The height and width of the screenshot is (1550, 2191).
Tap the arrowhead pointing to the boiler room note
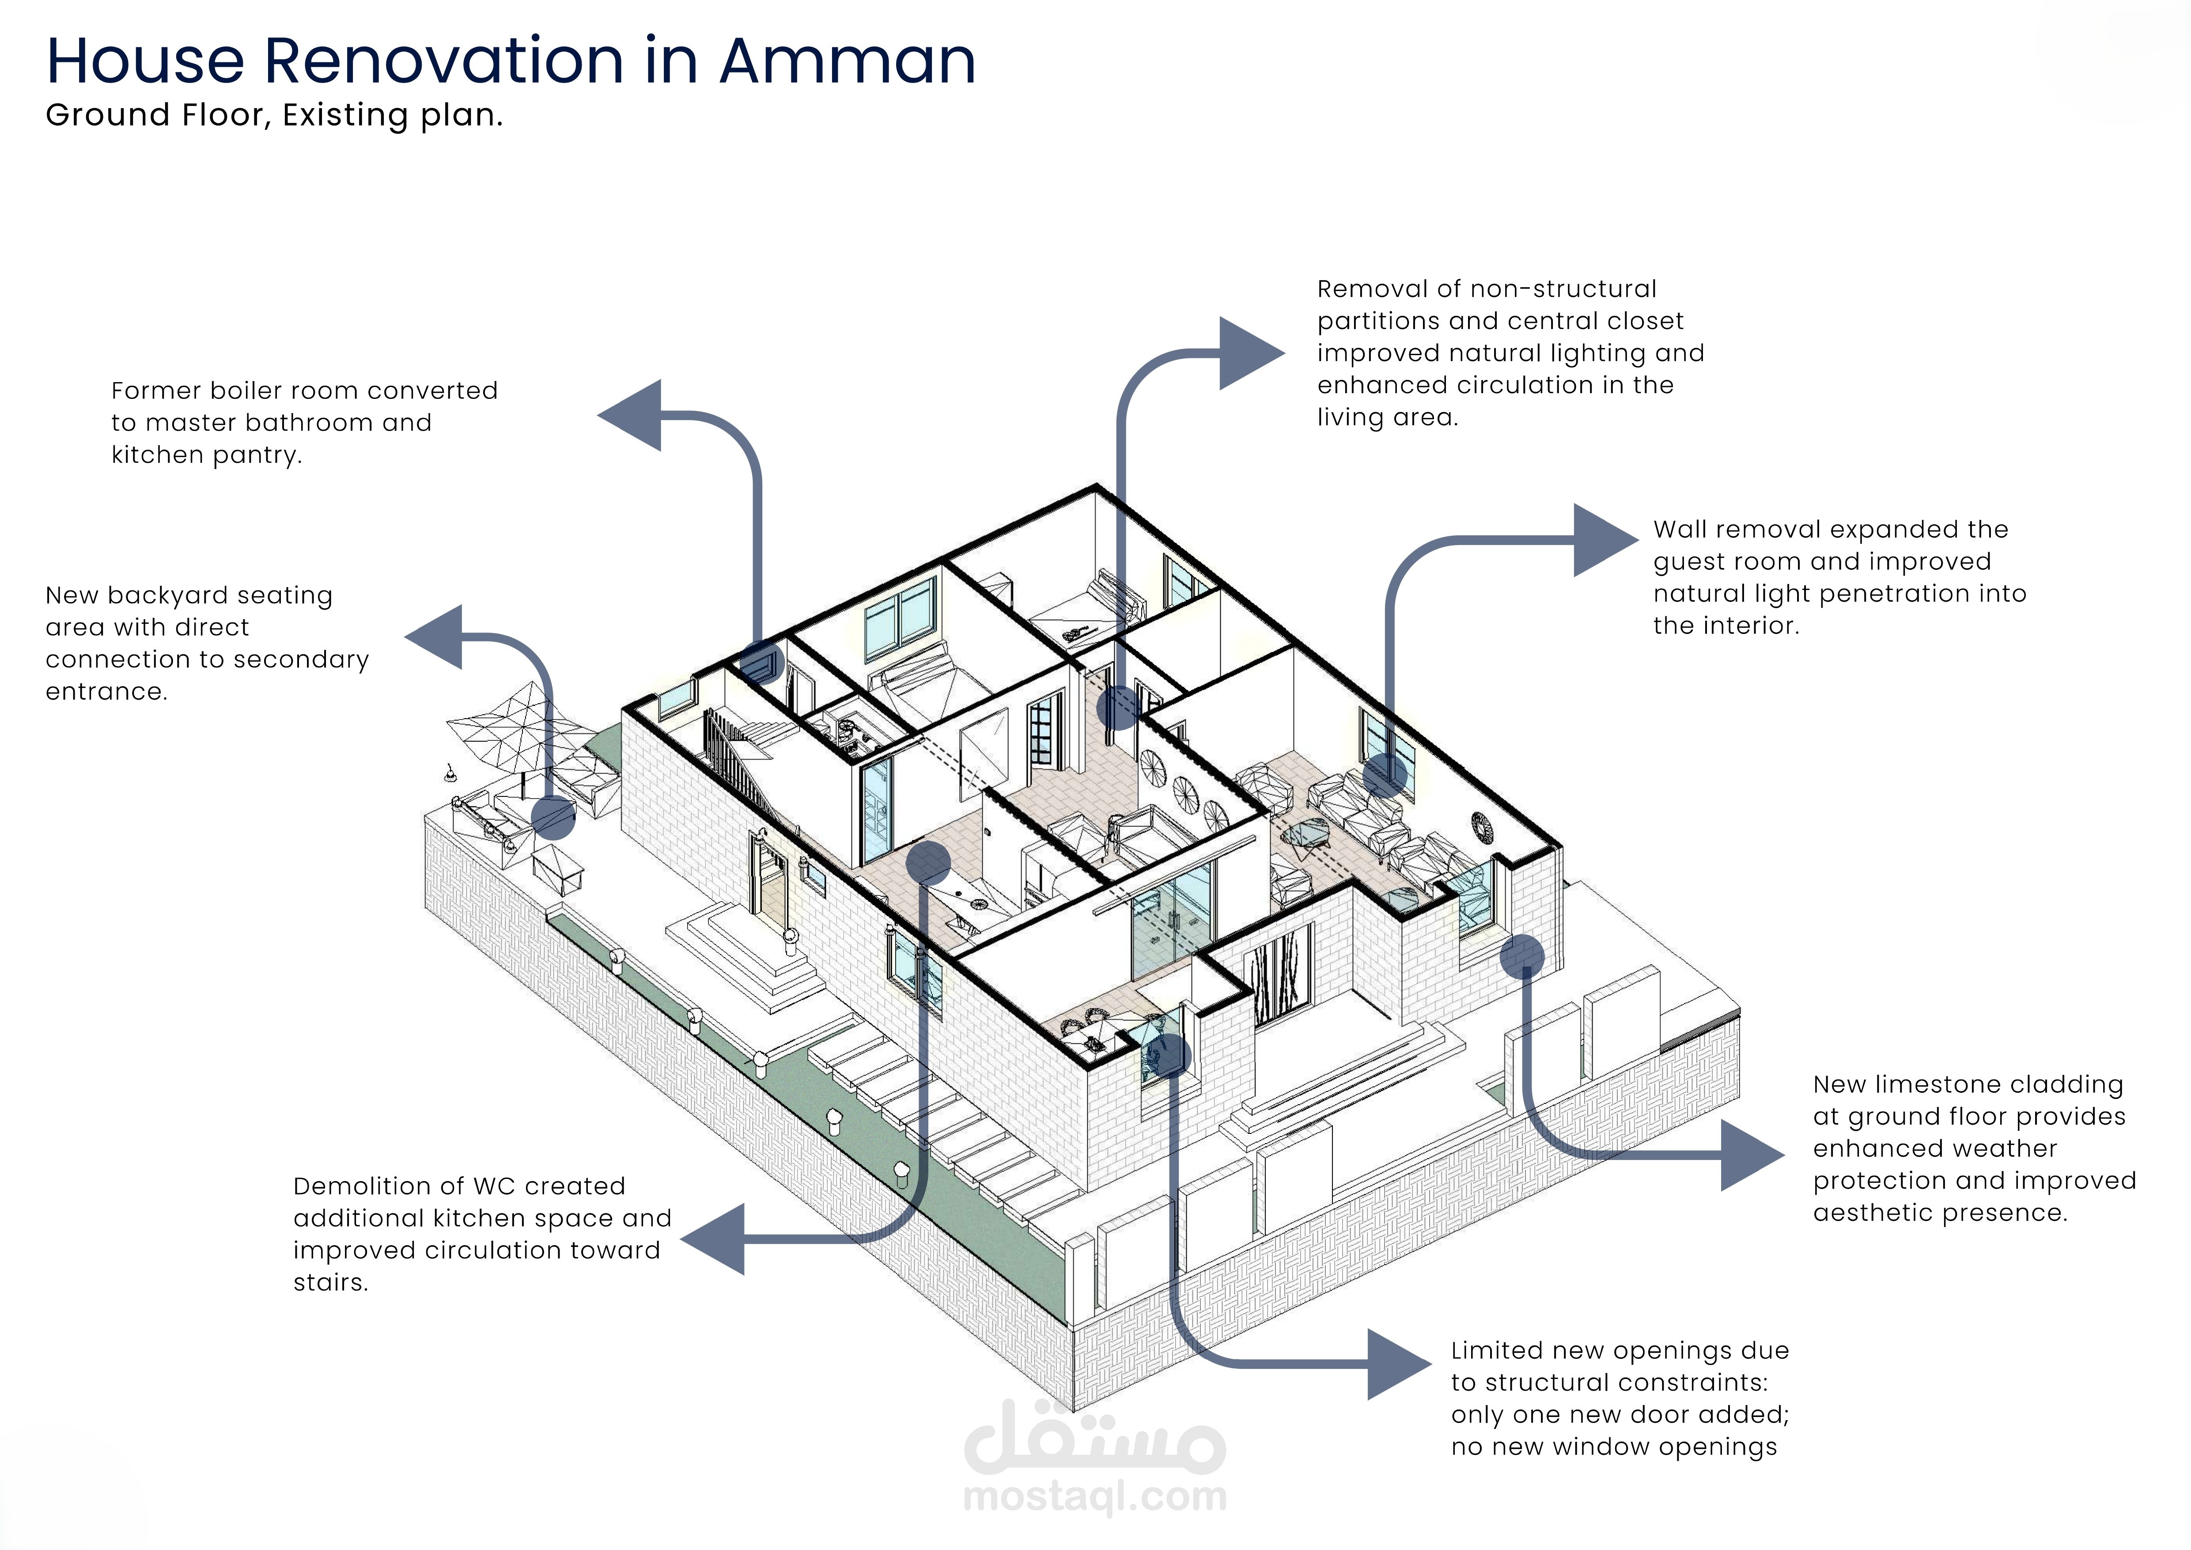(x=632, y=415)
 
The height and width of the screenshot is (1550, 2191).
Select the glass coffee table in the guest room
(x=1305, y=837)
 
